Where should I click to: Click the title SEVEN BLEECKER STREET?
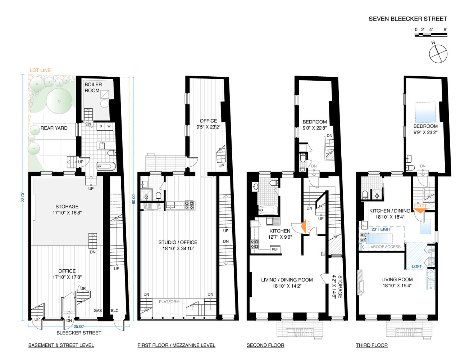tap(407, 19)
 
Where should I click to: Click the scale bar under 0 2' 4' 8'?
tap(430, 35)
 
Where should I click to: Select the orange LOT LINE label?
tap(40, 70)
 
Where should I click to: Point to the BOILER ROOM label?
tap(93, 87)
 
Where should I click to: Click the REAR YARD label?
tap(54, 128)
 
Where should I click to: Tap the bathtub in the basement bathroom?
tap(106, 167)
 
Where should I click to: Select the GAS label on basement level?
tap(98, 311)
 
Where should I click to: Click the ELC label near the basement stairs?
tap(114, 311)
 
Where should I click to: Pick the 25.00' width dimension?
tap(79, 327)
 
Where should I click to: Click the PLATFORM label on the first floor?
tap(169, 302)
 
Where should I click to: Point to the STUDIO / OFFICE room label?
tap(178, 242)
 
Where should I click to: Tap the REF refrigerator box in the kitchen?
tap(275, 249)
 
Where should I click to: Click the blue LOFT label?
tap(416, 267)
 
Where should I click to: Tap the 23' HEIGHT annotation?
tap(382, 229)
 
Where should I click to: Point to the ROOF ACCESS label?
tap(387, 247)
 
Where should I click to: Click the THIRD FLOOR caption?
tap(371, 345)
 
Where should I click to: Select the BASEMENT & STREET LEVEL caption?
tap(61, 345)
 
